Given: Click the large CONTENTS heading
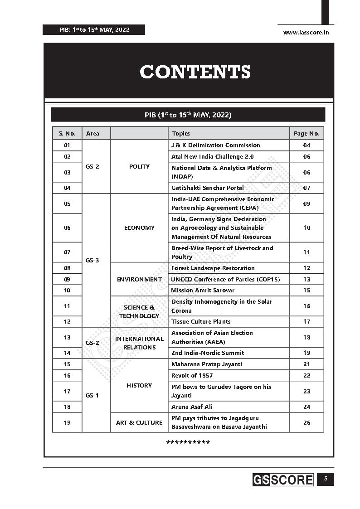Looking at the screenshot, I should [195, 72].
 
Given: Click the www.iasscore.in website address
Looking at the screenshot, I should [306, 32].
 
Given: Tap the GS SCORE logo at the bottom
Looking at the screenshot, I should [283, 480].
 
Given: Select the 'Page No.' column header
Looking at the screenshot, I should [306, 133].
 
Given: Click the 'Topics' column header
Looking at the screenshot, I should [181, 133].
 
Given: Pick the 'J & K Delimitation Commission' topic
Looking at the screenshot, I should [215, 145].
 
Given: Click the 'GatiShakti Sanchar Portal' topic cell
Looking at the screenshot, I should [207, 188].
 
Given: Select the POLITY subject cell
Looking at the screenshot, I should [139, 166].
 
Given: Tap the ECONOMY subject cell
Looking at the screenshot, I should [139, 228].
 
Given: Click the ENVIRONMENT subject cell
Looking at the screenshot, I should [139, 279].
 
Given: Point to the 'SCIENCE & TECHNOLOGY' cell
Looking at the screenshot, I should [139, 311].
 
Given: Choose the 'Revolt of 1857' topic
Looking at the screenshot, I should [192, 375].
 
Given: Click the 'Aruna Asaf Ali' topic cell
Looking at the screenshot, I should [192, 407].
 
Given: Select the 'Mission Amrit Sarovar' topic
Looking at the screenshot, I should [203, 290].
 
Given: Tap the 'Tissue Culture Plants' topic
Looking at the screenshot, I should [201, 321].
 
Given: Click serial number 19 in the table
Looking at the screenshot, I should [67, 422].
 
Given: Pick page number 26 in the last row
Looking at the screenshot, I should [306, 422].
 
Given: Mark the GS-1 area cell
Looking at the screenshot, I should [92, 395].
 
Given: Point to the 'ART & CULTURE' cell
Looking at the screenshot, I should [139, 422].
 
